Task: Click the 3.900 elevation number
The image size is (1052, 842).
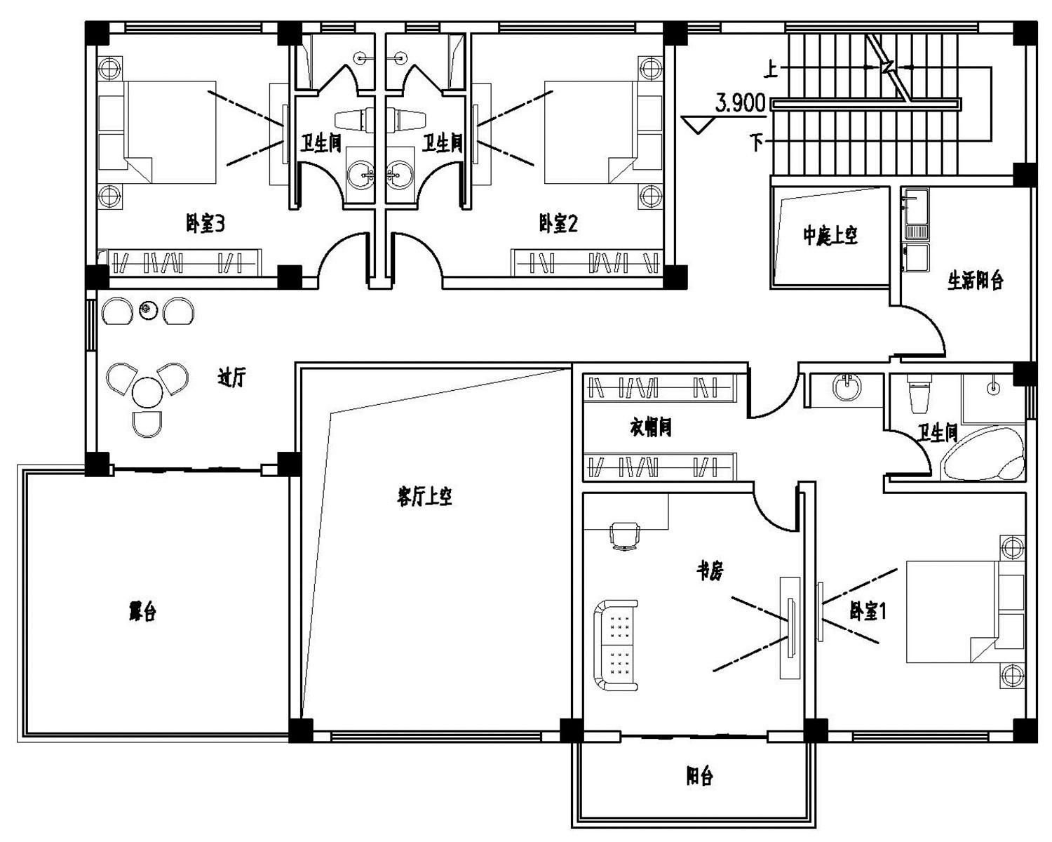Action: point(740,104)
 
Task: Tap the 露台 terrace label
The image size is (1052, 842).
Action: point(142,611)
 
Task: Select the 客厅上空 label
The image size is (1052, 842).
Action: point(424,497)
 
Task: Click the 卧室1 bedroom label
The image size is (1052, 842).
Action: point(868,611)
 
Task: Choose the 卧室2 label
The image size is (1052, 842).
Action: point(558,224)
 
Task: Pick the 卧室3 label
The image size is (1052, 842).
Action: point(205,224)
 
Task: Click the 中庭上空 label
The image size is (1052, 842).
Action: point(830,236)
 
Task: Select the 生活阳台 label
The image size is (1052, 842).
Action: point(976,281)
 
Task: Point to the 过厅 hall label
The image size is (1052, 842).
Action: point(231,378)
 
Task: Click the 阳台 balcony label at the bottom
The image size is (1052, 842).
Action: point(699,776)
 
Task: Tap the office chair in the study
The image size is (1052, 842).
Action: point(626,535)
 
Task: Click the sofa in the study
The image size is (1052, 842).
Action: point(616,645)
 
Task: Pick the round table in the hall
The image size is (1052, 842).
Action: point(147,392)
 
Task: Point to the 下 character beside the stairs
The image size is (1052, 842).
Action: point(756,142)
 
